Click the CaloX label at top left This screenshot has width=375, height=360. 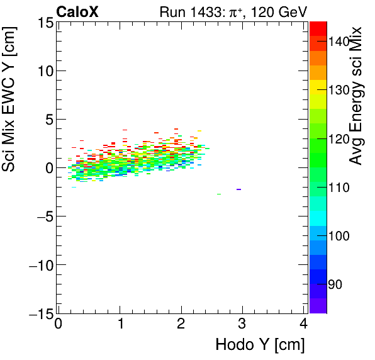pos(77,12)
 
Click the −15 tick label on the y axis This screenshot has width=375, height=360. pos(40,313)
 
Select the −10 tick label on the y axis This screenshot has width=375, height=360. pos(40,265)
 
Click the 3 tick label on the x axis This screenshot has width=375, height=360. pos(242,324)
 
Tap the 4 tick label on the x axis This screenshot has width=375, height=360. pos(303,324)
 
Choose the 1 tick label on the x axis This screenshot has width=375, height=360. pos(120,324)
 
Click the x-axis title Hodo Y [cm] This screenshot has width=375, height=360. pos(260,345)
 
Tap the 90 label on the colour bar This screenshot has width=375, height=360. pos(334,284)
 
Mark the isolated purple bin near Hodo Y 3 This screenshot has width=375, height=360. pos(238,189)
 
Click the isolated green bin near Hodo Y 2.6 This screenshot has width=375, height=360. pos(218,194)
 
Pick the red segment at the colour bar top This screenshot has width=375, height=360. pos(318,28)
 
